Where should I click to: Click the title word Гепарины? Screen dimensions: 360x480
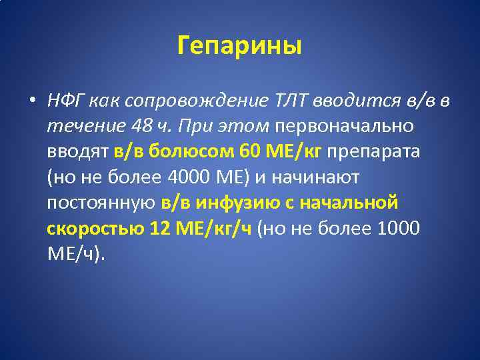(x=240, y=46)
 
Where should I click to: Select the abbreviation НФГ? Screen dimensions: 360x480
(x=65, y=101)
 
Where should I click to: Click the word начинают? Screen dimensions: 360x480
(x=313, y=177)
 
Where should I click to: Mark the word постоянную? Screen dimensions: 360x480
(x=101, y=202)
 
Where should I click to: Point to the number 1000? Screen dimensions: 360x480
(x=399, y=227)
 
